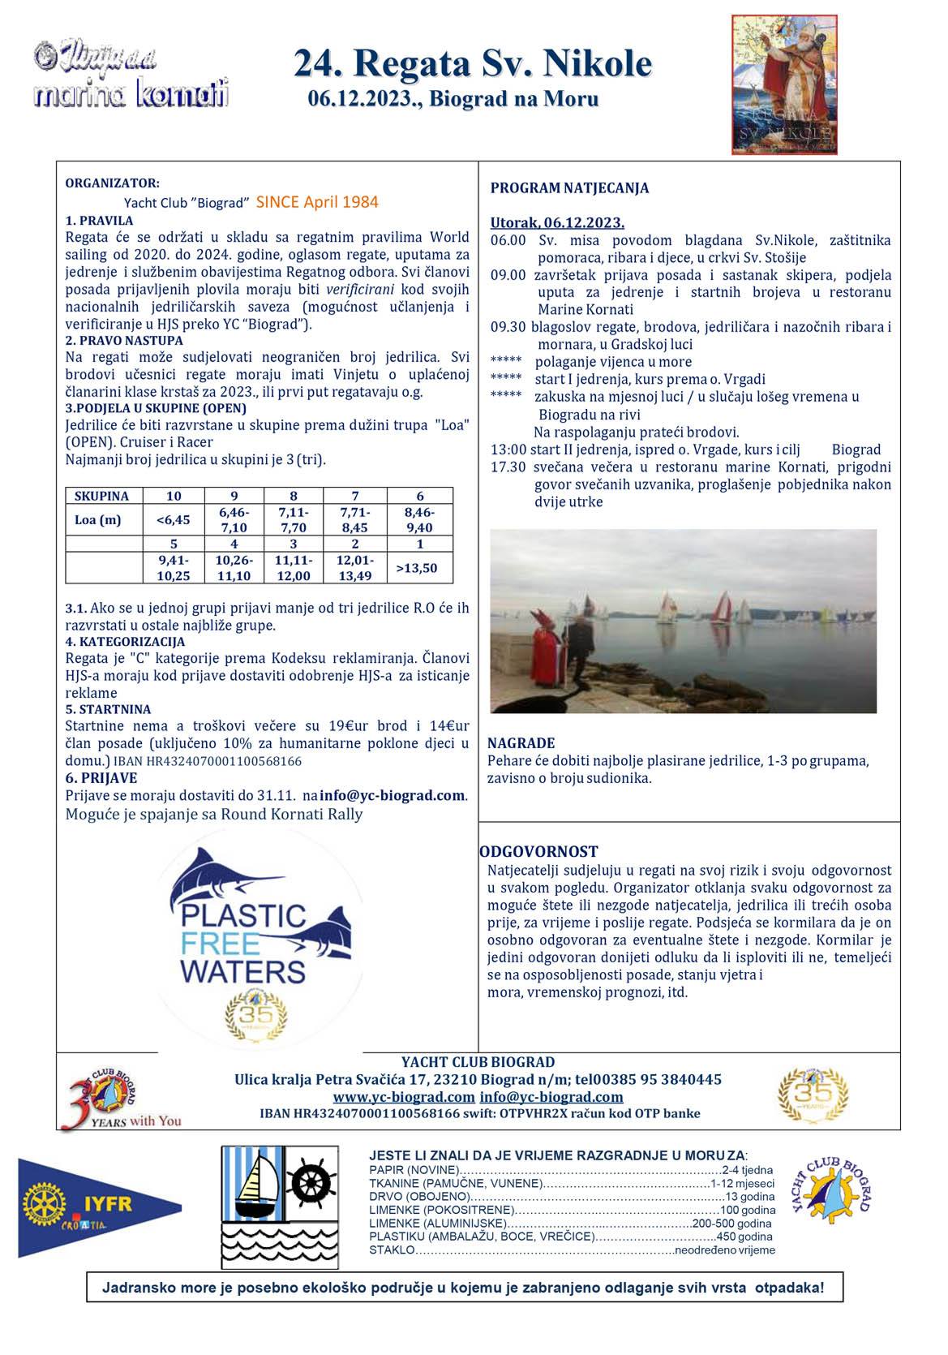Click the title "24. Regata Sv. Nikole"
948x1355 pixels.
(x=473, y=63)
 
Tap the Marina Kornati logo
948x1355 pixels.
(x=131, y=75)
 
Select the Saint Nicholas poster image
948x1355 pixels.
(x=784, y=84)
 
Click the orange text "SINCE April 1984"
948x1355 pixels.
(x=317, y=202)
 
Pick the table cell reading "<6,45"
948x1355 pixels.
(x=174, y=520)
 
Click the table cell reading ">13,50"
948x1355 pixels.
(x=417, y=568)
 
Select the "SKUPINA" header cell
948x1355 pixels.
(x=102, y=496)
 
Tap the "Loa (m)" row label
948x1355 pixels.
(x=98, y=520)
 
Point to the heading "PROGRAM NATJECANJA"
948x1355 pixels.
(x=569, y=188)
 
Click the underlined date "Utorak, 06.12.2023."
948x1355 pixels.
(x=557, y=223)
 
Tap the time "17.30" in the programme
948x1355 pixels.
(x=508, y=467)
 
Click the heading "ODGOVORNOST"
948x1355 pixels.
(x=538, y=852)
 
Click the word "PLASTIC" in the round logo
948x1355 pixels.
(x=243, y=916)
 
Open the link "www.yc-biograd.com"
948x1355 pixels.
(x=403, y=1097)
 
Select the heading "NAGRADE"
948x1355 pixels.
(x=521, y=743)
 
